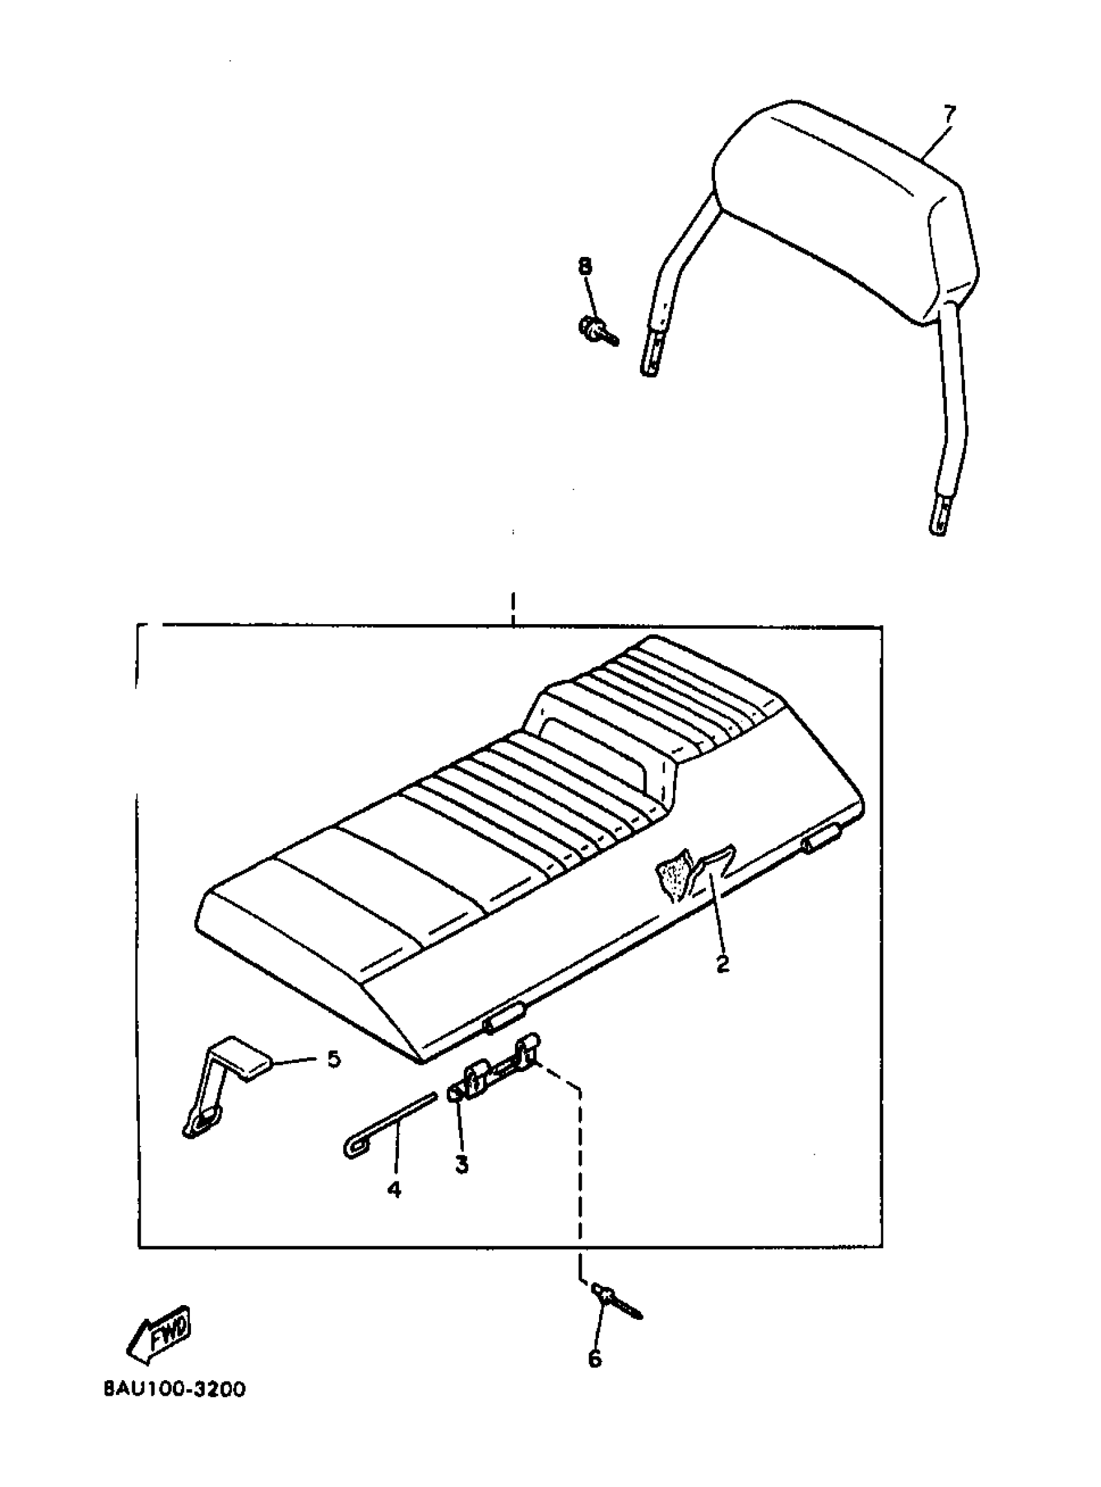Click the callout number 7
(949, 114)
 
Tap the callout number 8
(584, 267)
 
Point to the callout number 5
(334, 1059)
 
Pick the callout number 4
(394, 1189)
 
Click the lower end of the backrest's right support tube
(938, 520)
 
